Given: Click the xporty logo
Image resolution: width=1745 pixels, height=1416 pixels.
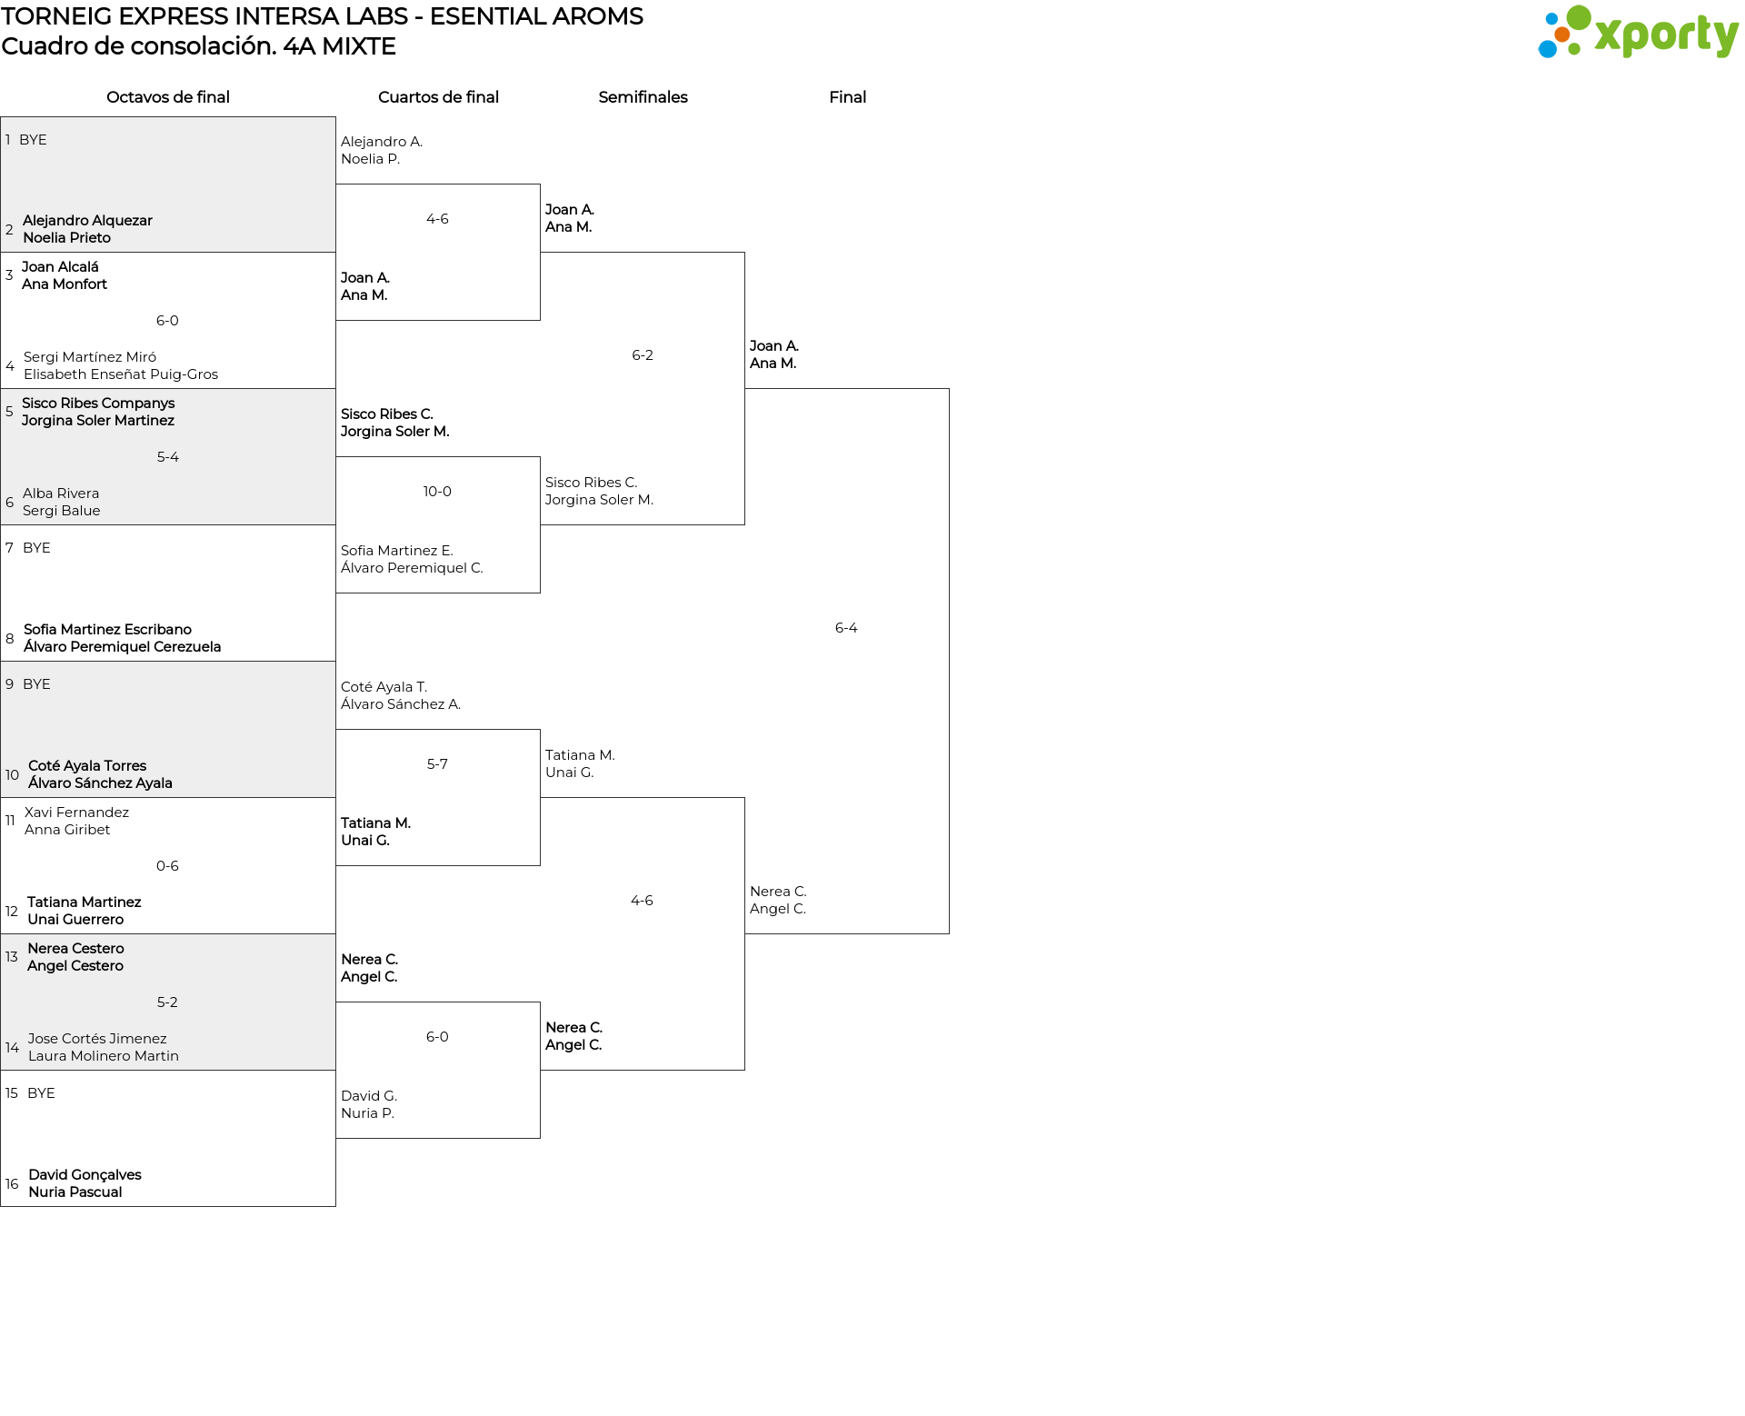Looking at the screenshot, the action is pos(1638,33).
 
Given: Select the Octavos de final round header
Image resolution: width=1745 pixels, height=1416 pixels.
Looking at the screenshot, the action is pos(168,97).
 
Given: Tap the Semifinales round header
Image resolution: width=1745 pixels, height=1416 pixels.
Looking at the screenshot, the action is pos(643,97).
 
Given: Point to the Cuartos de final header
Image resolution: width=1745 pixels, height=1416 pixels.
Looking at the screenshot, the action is pos(438,97).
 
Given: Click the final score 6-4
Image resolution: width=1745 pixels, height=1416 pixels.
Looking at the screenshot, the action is pos(846,628).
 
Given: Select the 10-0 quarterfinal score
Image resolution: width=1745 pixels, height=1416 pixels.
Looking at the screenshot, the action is pos(437,492).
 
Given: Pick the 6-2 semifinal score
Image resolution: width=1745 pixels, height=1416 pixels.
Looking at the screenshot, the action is pos(643,355).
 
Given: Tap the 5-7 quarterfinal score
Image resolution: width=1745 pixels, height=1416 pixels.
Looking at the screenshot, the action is pos(437,764).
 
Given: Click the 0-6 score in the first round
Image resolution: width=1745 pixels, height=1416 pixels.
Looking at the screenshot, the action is pos(167,866).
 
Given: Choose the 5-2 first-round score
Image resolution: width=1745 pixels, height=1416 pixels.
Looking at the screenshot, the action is pos(167,1002).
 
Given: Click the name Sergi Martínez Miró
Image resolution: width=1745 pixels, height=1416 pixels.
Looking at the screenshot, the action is pos(90,357).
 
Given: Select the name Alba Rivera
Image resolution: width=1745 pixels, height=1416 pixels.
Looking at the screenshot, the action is pos(61,494).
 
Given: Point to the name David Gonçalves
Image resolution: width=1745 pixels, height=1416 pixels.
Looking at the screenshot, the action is pos(85,1175).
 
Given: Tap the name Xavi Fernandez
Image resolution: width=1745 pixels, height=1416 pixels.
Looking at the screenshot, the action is pos(76,813).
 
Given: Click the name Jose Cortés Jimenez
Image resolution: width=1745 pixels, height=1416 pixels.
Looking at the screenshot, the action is pos(97,1039).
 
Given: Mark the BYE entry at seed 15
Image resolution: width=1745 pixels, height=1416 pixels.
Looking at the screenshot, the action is pos(41,1093).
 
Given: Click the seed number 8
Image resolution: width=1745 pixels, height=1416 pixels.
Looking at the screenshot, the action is pos(10,639).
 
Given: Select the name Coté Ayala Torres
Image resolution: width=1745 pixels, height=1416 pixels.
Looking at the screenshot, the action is pos(87,766).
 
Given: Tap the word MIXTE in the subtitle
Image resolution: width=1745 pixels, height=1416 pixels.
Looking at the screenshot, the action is pos(359,46).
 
